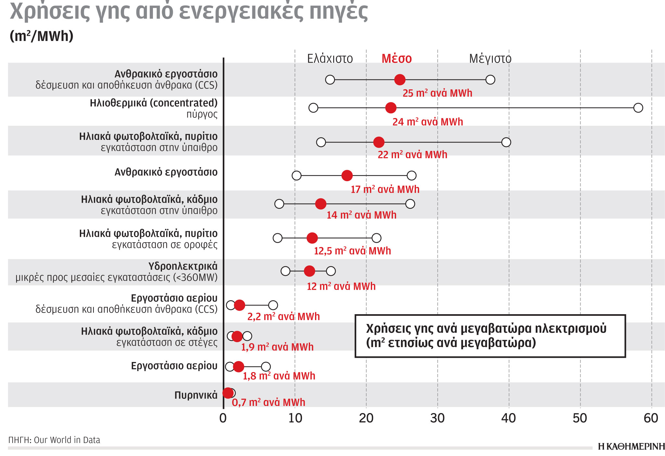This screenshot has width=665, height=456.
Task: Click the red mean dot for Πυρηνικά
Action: [228, 393]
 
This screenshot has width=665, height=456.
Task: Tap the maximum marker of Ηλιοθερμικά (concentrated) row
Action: [638, 108]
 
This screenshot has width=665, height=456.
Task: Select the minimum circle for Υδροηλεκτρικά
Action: [285, 271]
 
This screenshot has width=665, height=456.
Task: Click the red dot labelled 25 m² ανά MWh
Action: [400, 79]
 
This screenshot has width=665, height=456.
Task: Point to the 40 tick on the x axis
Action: [508, 418]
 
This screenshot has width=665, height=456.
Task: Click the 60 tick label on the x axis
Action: [651, 418]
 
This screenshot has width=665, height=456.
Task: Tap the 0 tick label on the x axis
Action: [223, 418]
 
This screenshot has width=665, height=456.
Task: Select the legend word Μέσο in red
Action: [396, 59]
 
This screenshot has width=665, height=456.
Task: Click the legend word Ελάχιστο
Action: [330, 59]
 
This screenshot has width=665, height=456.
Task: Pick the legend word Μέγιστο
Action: [490, 59]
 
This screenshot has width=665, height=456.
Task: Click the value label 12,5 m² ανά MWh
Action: [352, 251]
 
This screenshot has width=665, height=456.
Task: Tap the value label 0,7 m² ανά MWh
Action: [268, 402]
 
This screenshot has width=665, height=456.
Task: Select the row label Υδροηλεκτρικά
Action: [183, 266]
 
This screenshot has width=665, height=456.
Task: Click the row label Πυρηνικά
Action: [196, 395]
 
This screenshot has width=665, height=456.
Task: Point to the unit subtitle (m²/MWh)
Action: [42, 36]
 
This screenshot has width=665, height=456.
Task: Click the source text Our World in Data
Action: [67, 440]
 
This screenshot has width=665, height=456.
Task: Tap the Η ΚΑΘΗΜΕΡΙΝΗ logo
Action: [631, 447]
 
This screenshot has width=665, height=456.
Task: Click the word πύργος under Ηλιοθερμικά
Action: [202, 114]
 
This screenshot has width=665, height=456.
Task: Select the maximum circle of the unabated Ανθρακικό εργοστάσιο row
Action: [411, 176]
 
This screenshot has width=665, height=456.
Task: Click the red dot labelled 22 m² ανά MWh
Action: [379, 142]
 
